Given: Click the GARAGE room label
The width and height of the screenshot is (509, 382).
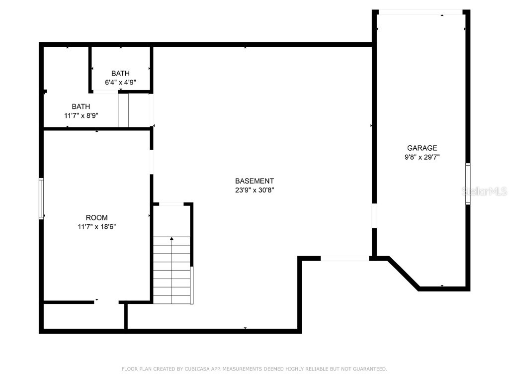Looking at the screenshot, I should (x=422, y=148).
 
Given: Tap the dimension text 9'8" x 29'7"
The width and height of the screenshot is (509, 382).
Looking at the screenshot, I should (x=422, y=157).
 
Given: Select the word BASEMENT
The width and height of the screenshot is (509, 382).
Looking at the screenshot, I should (x=254, y=181).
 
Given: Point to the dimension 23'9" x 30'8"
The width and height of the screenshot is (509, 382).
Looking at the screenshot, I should (x=254, y=190).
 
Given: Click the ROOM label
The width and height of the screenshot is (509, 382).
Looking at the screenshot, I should (x=96, y=217).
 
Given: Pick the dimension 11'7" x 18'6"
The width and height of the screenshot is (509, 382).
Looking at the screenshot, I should (x=96, y=226).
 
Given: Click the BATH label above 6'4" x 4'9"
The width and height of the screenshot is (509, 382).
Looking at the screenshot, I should (x=120, y=73).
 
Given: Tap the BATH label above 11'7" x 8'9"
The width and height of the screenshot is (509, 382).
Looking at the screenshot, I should (x=81, y=106).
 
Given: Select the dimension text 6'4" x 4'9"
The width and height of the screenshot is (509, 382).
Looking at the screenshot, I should (x=120, y=82).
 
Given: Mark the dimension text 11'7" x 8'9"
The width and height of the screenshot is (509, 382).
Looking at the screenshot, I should (x=81, y=115).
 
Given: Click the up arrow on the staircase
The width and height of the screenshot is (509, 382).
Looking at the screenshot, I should (x=172, y=240).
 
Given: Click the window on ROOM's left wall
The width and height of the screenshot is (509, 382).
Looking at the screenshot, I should (x=41, y=198).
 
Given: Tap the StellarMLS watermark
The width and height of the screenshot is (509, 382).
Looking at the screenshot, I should (x=484, y=191).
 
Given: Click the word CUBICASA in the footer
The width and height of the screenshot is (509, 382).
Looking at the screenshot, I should (x=197, y=369).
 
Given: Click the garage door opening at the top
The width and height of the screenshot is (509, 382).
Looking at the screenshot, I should (x=420, y=12).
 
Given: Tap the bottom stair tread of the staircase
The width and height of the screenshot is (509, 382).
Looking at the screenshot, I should (x=172, y=299).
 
